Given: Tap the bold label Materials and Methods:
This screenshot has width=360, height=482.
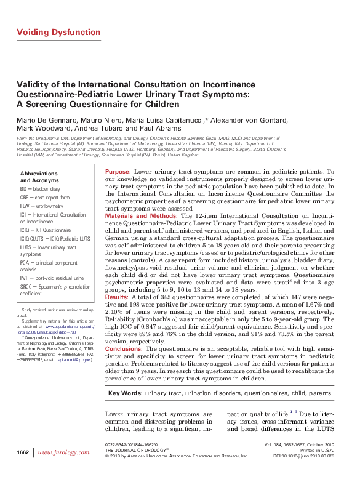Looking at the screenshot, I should pyautogui.click(x=141, y=216).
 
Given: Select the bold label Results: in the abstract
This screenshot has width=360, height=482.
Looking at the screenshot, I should pyautogui.click(x=116, y=297).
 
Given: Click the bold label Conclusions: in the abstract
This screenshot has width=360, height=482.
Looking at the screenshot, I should pyautogui.click(x=124, y=348).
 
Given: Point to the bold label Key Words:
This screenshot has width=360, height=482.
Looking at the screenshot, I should pyautogui.click(x=125, y=393).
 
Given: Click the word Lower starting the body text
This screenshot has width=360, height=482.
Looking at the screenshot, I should pyautogui.click(x=116, y=414).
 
